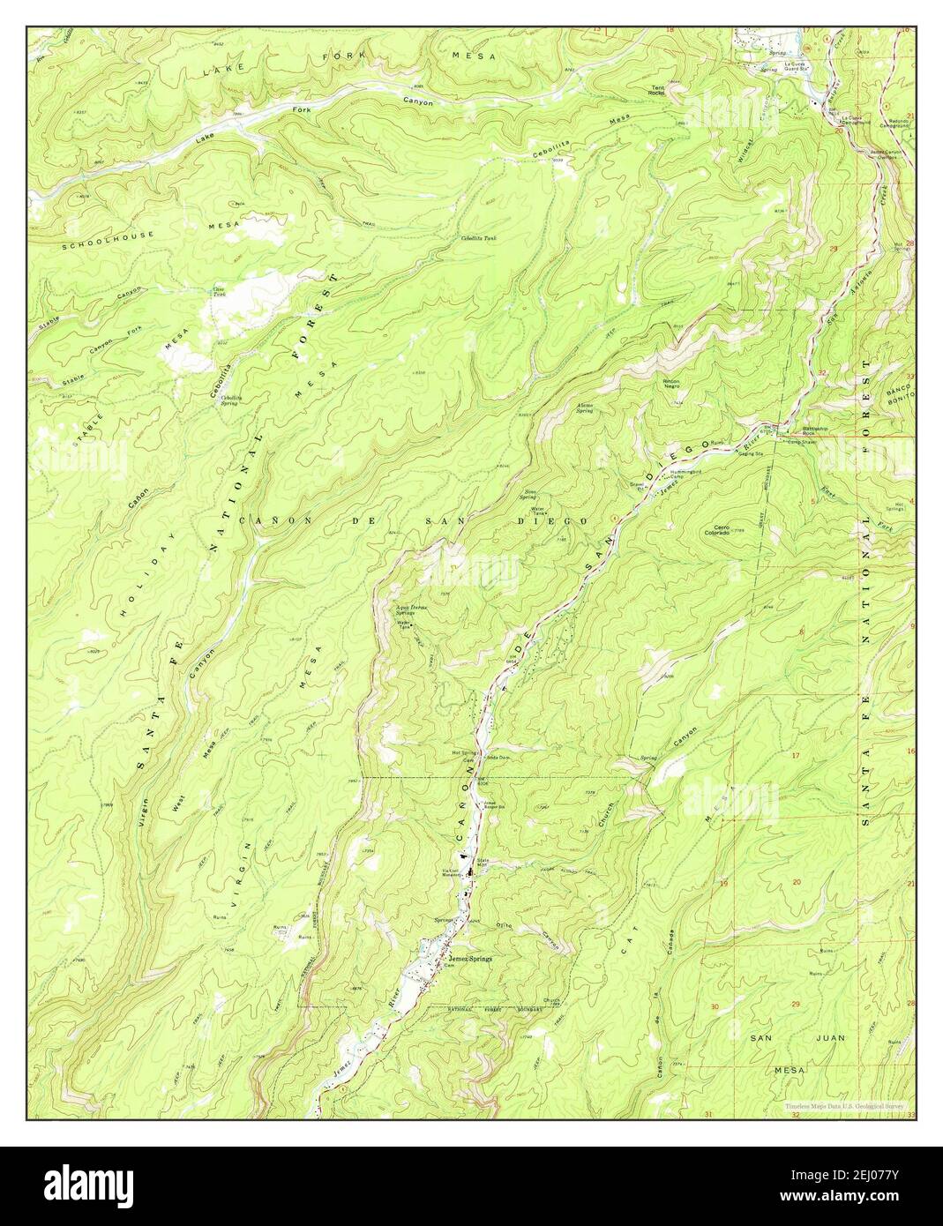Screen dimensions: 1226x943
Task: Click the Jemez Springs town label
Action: pos(470,958)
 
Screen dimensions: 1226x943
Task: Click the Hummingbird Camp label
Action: pos(693,475)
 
